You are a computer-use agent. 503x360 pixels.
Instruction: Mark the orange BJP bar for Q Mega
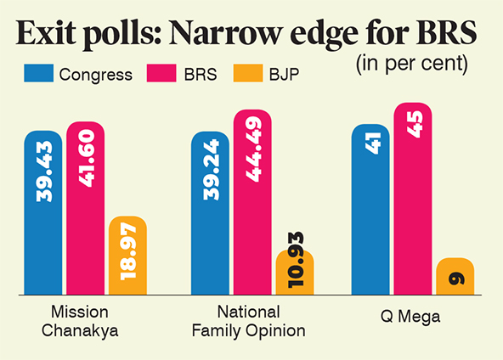pos(455,277)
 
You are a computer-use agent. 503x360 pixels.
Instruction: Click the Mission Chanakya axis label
pos(79,322)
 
